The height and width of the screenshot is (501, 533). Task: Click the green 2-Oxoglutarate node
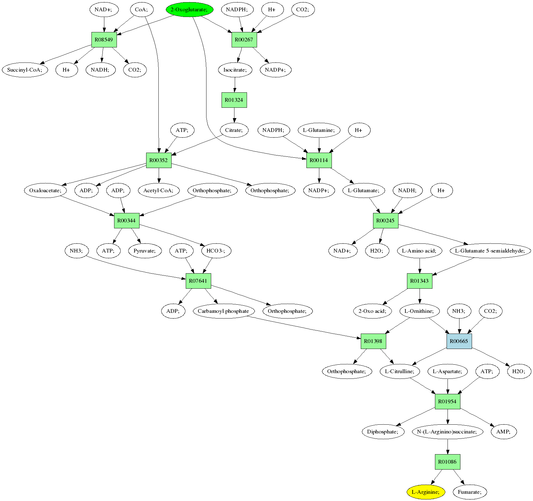pyautogui.click(x=190, y=10)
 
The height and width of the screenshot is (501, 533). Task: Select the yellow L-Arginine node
pyautogui.click(x=426, y=492)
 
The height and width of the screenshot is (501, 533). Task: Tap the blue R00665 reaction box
pyautogui.click(x=459, y=341)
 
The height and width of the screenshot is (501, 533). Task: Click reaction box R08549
pyautogui.click(x=104, y=40)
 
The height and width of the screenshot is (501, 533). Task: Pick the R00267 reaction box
pyautogui.click(x=244, y=40)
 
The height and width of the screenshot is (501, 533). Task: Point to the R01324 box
pyautogui.click(x=234, y=100)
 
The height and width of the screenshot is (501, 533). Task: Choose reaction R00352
pyautogui.click(x=159, y=160)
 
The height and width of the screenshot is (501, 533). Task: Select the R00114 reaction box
pyautogui.click(x=319, y=160)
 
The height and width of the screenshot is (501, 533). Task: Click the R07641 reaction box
pyautogui.click(x=198, y=281)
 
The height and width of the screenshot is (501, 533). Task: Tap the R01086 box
pyautogui.click(x=448, y=462)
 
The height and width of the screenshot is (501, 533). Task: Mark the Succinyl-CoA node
pyautogui.click(x=25, y=70)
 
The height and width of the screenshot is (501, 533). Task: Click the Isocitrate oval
pyautogui.click(x=235, y=70)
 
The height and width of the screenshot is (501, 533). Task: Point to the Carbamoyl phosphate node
pyautogui.click(x=223, y=311)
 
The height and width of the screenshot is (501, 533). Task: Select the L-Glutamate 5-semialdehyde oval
pyautogui.click(x=490, y=251)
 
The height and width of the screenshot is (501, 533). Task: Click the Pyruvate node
pyautogui.click(x=145, y=251)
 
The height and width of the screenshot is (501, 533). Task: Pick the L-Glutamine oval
pyautogui.click(x=319, y=130)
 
